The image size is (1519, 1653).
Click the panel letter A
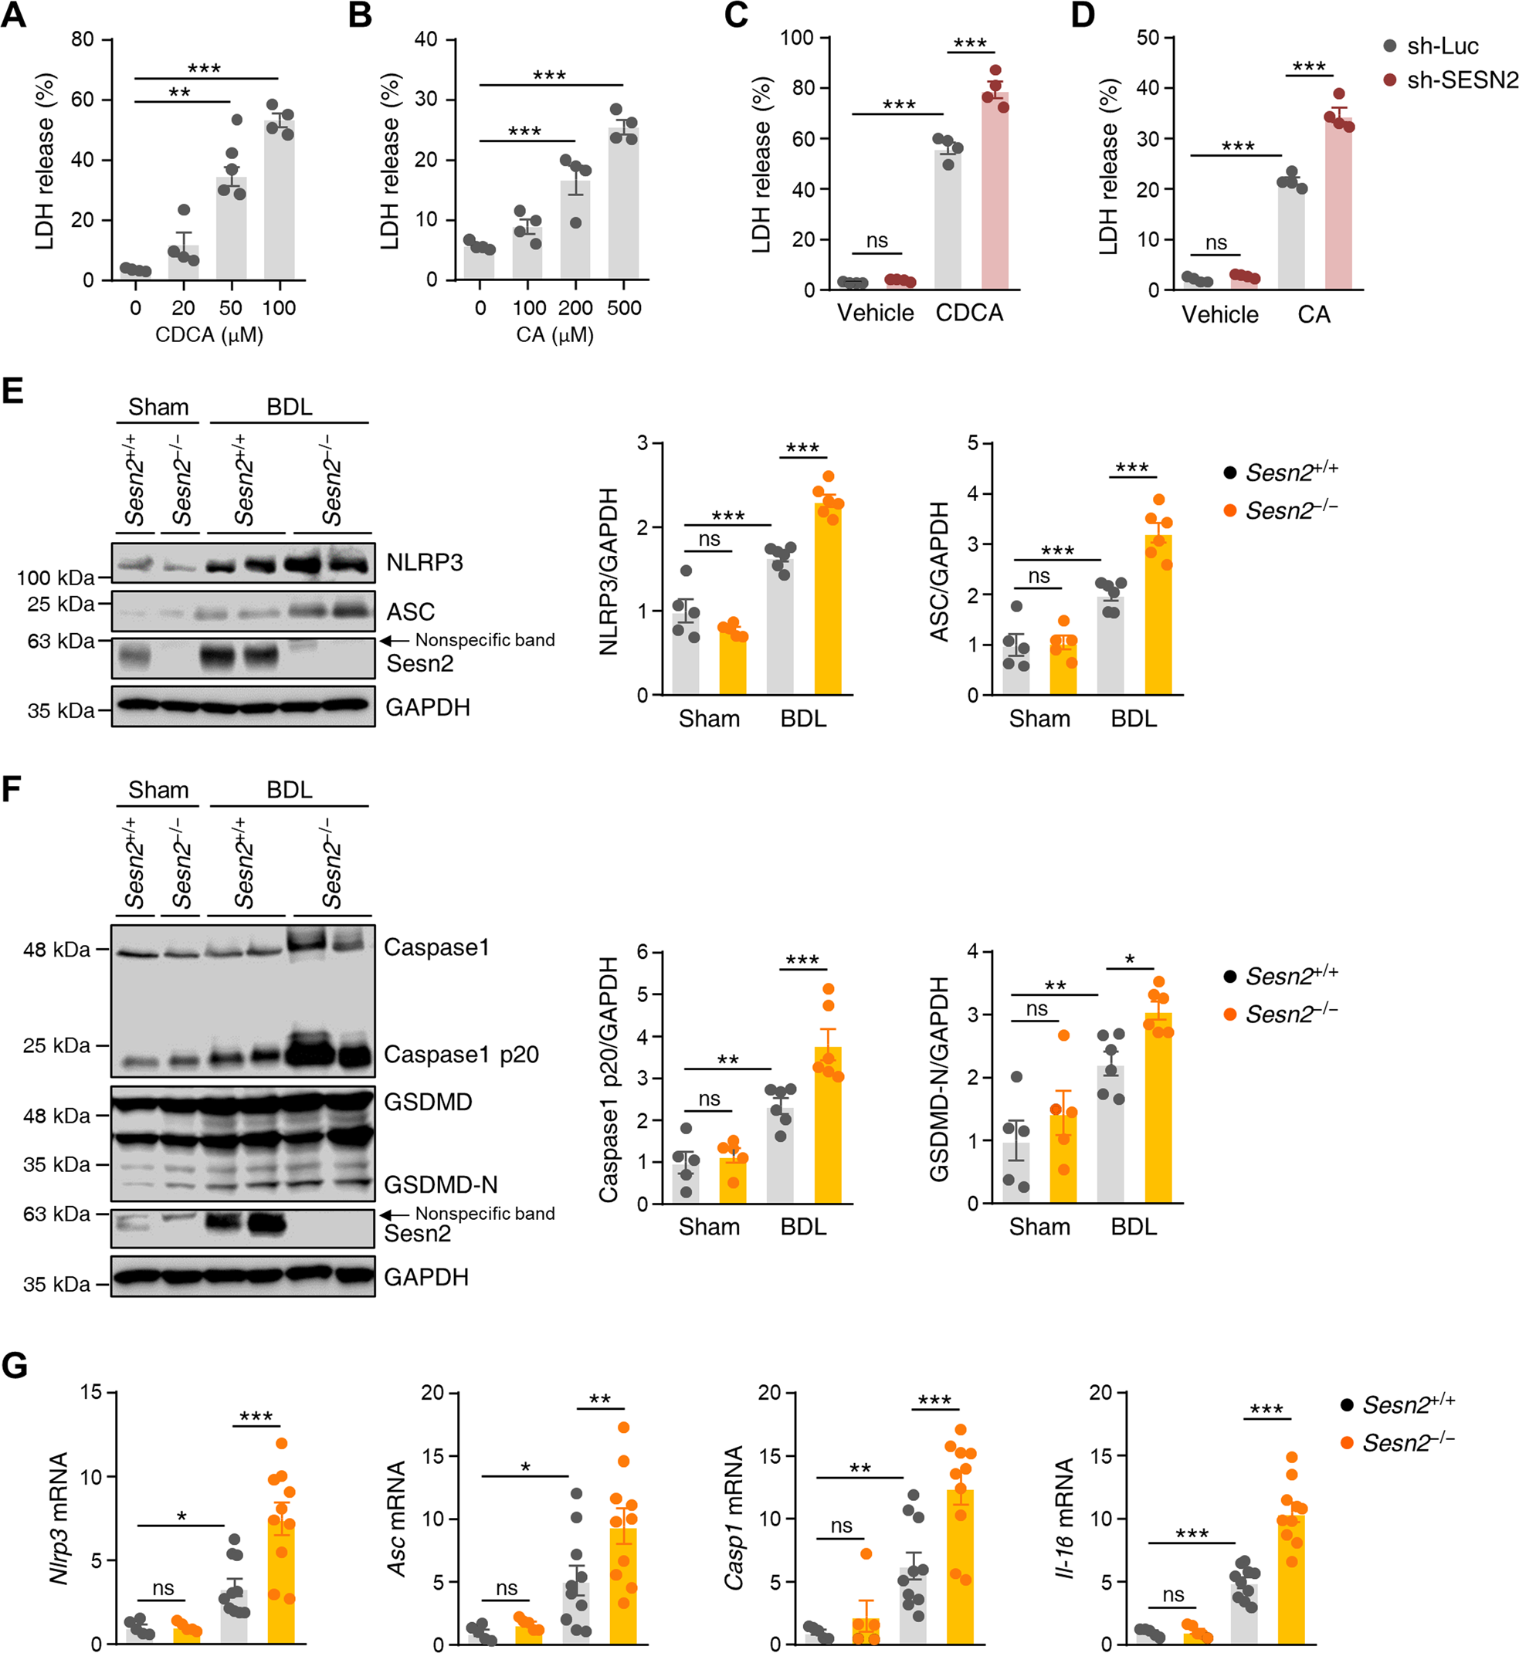click(13, 15)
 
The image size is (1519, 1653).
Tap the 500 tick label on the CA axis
click(624, 308)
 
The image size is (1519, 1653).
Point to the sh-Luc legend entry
click(1443, 46)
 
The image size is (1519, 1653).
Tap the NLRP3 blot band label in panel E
click(425, 563)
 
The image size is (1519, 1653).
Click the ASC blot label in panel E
click(411, 612)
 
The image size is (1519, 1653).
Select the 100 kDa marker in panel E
click(55, 578)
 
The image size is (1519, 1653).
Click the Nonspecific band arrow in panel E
click(395, 640)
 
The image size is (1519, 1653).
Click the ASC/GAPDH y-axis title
click(939, 571)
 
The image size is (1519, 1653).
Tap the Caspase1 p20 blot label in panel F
click(461, 1054)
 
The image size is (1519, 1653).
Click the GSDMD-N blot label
click(441, 1184)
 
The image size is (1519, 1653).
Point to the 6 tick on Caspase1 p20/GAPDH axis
click(643, 952)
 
